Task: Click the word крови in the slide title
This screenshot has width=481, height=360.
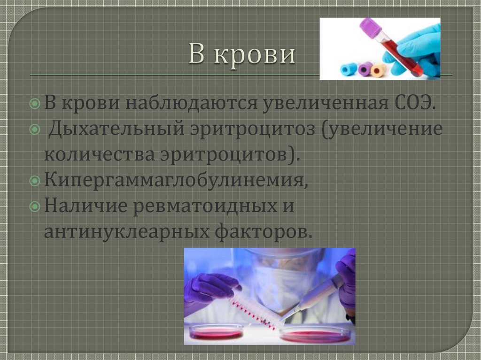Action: pos(256,56)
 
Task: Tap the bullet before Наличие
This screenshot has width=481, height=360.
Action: pos(35,207)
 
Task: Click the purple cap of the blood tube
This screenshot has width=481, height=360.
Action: pos(371,27)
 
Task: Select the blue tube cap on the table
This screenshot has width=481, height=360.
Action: pos(349,69)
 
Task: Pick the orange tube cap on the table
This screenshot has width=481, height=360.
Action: pos(378,70)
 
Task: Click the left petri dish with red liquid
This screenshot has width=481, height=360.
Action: pos(216,332)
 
